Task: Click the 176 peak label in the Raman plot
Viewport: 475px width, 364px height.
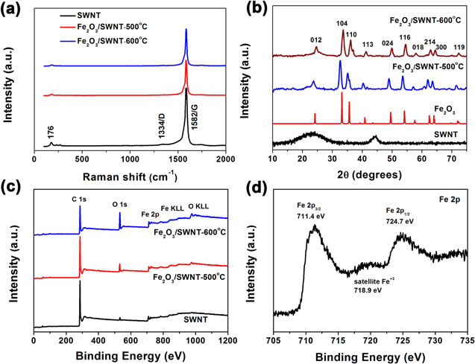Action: [x=51, y=130]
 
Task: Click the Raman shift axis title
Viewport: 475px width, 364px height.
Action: [x=131, y=176]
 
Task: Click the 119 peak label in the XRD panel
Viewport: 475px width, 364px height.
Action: [x=459, y=47]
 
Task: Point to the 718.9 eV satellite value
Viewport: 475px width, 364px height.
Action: [x=367, y=290]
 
